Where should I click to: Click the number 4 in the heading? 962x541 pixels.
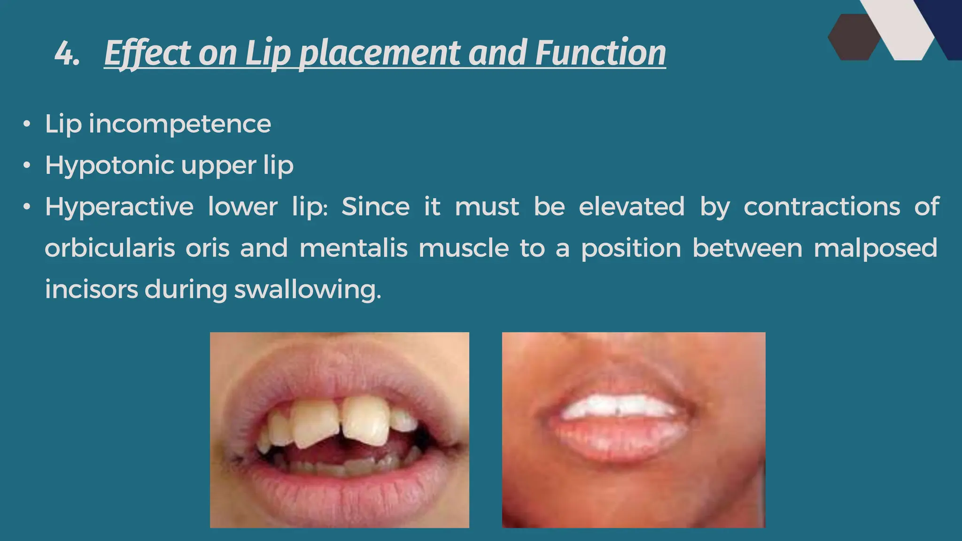(x=65, y=54)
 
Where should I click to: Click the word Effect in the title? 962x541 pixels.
(x=147, y=54)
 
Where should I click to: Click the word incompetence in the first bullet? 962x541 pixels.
(x=180, y=124)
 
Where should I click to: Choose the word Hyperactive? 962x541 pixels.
(x=119, y=207)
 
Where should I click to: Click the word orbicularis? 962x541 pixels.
(x=110, y=248)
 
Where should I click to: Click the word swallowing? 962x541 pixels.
(x=308, y=290)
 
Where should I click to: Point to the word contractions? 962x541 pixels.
(x=822, y=207)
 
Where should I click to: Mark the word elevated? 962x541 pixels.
(x=631, y=207)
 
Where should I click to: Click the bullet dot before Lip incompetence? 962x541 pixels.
(x=27, y=124)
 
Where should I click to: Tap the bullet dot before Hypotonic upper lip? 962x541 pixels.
(x=27, y=166)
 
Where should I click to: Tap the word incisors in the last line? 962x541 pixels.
(x=91, y=290)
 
